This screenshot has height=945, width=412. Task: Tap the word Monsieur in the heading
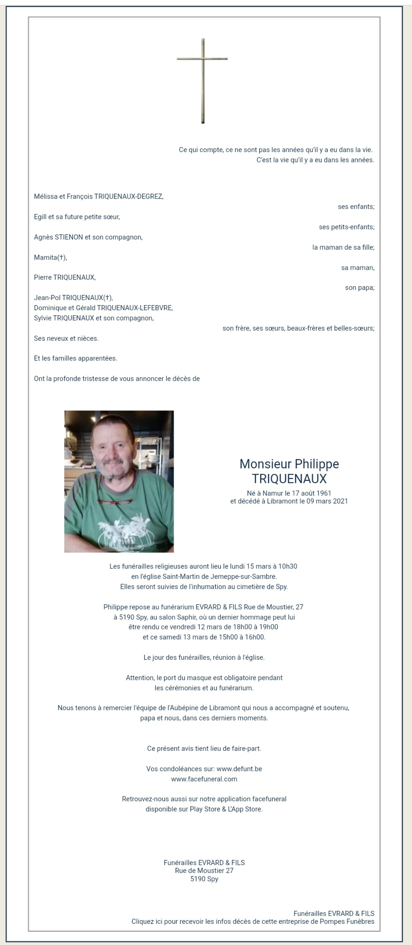point(265,464)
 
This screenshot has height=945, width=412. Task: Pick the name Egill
point(40,217)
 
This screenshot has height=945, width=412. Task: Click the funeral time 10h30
point(288,566)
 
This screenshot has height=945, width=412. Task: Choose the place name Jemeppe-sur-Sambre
point(243,576)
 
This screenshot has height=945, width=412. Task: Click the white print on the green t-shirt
point(121,529)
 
